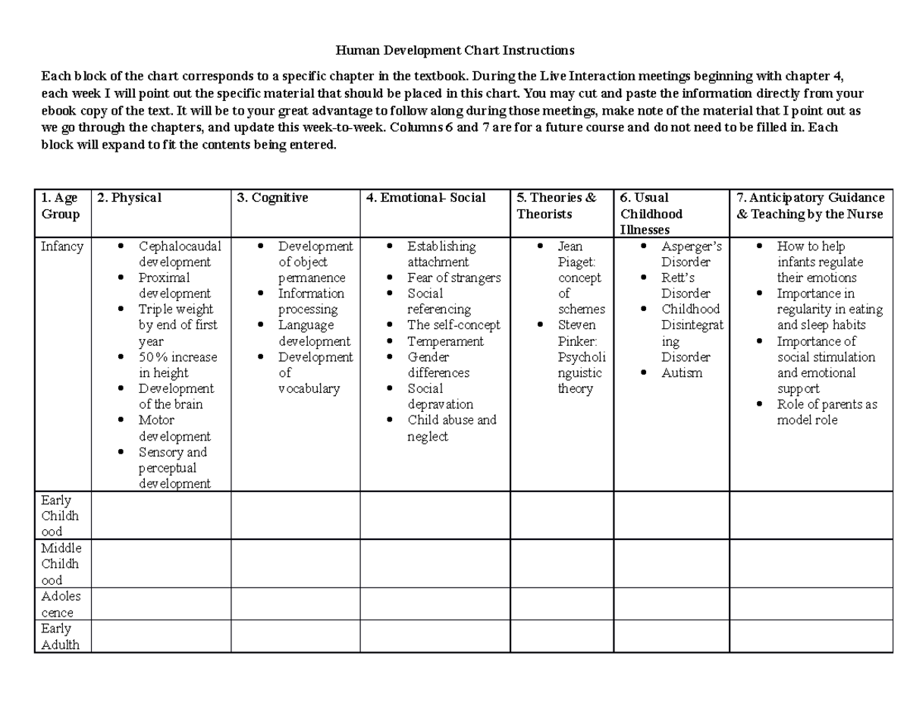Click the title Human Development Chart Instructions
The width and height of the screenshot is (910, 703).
click(x=455, y=51)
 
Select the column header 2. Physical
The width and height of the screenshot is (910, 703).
click(x=129, y=198)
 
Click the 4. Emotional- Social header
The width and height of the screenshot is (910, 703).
click(x=425, y=198)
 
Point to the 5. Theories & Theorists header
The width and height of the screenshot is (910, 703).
click(x=557, y=206)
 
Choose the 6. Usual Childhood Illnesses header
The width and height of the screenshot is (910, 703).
click(x=651, y=214)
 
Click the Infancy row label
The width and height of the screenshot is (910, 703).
click(x=62, y=246)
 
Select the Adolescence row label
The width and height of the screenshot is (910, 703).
click(x=61, y=604)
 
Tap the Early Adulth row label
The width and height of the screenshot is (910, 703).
click(x=61, y=636)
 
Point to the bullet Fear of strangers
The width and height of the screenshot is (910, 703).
click(x=453, y=278)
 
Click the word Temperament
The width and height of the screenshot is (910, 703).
click(x=445, y=341)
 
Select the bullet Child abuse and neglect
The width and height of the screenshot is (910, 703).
click(x=450, y=428)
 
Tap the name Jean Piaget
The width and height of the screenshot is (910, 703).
click(x=576, y=254)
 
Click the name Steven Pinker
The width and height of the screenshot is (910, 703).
click(x=576, y=332)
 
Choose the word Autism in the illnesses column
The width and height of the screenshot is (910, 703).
click(x=682, y=372)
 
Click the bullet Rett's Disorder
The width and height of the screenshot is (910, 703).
click(x=686, y=285)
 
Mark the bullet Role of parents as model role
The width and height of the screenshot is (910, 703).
click(x=827, y=412)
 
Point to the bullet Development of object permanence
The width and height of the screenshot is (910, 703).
click(x=314, y=262)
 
